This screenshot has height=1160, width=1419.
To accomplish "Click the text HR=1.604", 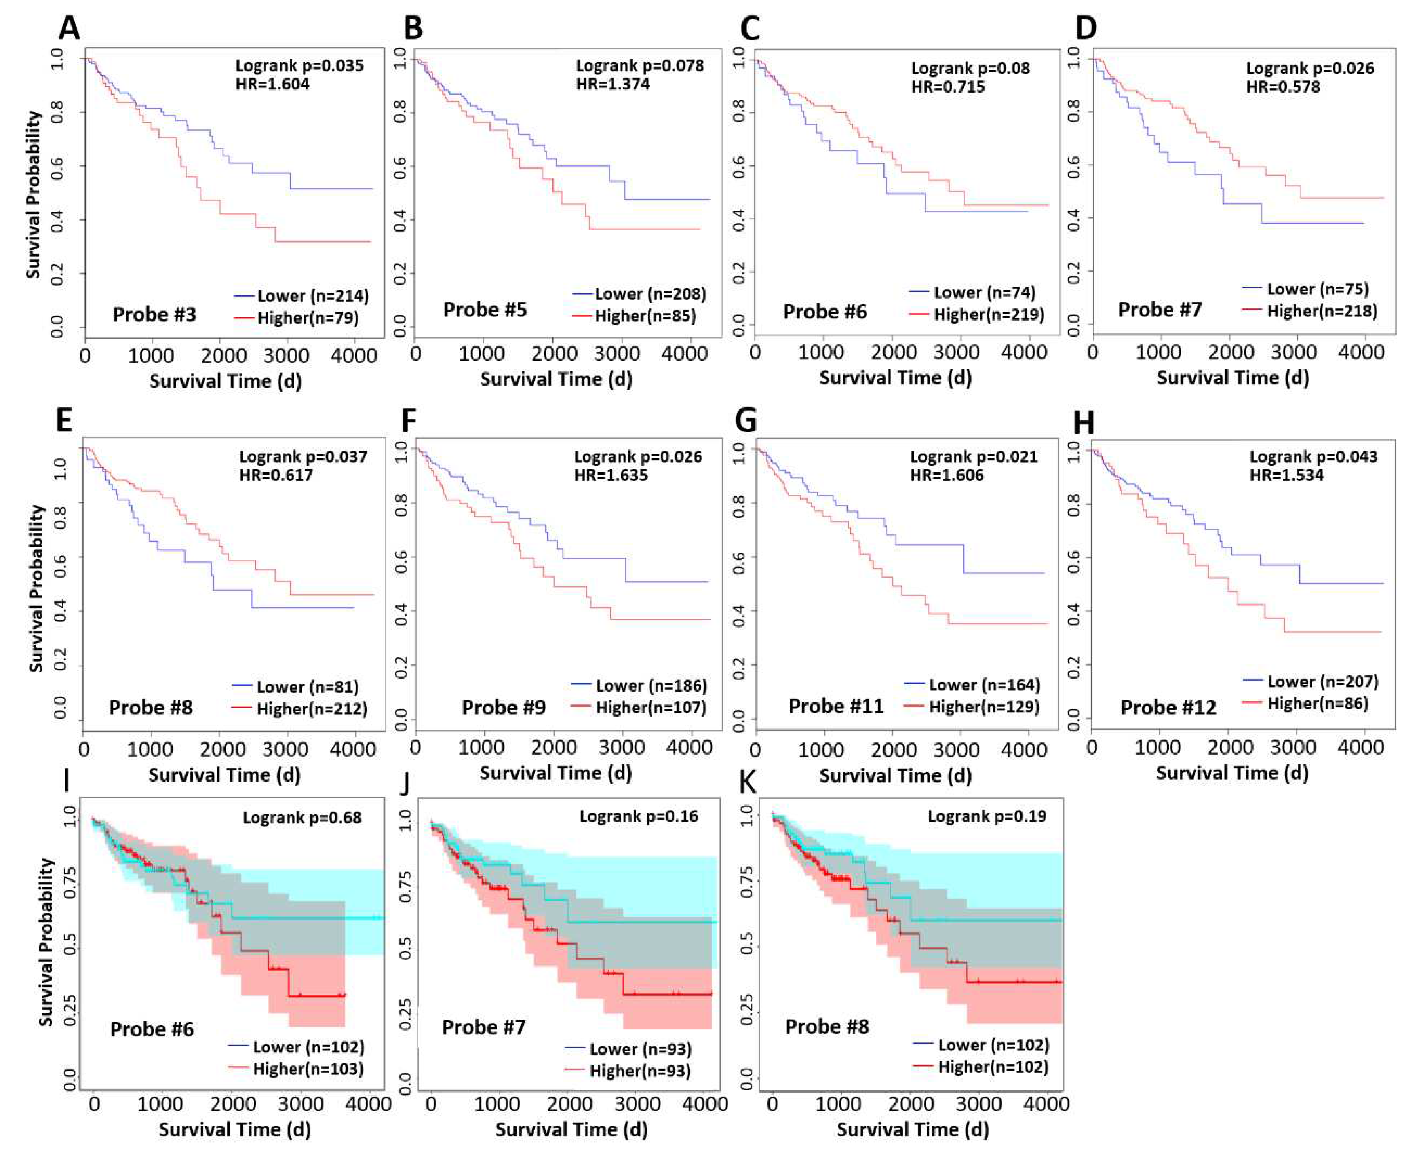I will point(272,84).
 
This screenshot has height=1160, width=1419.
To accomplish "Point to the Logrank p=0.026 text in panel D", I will point(1310,68).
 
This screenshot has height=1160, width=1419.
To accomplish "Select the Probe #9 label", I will point(504,708).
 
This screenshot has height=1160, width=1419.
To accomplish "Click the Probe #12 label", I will point(1168,708).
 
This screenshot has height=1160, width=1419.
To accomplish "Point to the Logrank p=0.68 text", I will point(302,818).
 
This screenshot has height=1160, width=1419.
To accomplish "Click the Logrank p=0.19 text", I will point(987,816).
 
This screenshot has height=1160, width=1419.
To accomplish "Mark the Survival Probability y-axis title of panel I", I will point(45,942).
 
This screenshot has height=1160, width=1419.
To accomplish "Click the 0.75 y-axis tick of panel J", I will point(405,887).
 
